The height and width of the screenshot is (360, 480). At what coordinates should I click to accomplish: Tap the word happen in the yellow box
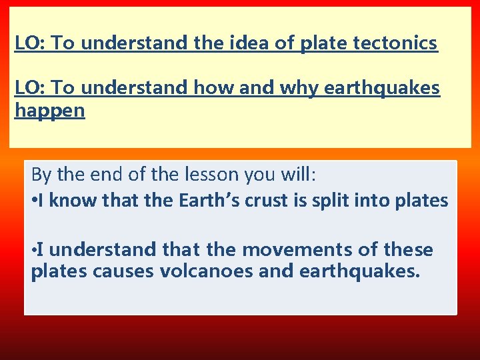(x=50, y=111)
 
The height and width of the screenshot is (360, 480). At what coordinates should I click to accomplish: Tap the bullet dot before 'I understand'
(x=34, y=251)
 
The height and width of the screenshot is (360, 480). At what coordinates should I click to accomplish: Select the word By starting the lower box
(x=41, y=175)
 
